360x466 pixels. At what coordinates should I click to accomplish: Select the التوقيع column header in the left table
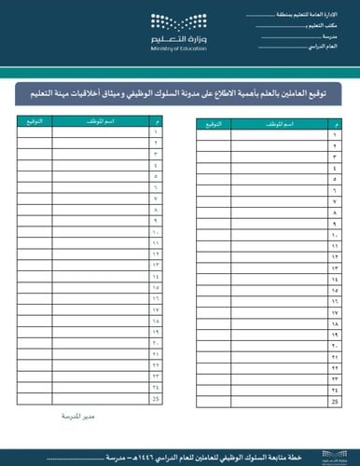[x=34, y=122]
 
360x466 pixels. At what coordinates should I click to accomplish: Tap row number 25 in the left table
[x=156, y=398]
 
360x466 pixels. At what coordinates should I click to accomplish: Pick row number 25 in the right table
[x=334, y=401]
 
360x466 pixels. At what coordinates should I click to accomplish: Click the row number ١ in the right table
[x=334, y=135]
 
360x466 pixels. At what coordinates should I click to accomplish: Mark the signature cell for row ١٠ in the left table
[x=34, y=231]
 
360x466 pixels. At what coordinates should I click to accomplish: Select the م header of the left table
[x=156, y=122]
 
